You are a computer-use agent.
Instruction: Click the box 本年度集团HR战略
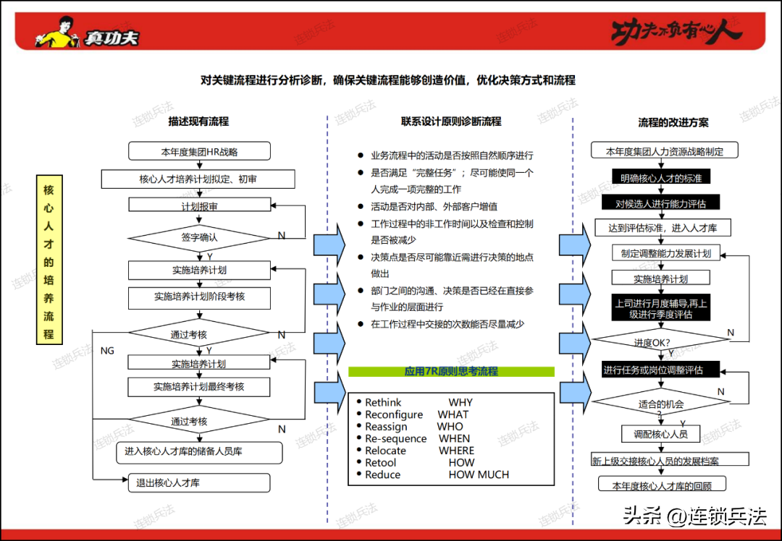tap(200, 151)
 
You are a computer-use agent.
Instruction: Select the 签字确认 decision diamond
tap(199, 238)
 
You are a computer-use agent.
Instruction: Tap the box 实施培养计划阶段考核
tap(200, 298)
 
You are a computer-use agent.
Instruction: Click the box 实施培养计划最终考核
tap(199, 386)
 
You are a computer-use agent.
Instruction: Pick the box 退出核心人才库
tap(199, 482)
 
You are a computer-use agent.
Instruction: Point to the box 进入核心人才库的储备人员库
tap(200, 452)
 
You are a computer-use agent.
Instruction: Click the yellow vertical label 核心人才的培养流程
tap(49, 260)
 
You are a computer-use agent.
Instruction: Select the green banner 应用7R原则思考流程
tap(451, 372)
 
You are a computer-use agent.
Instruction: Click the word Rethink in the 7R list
tap(383, 402)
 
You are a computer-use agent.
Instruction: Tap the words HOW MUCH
tap(479, 474)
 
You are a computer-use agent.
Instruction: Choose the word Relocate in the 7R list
tap(385, 451)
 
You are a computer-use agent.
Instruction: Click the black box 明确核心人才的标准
tap(661, 177)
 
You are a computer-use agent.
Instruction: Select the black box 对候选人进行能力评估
tap(660, 203)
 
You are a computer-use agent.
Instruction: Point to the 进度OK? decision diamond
tap(661, 341)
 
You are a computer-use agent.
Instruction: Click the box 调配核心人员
tap(661, 434)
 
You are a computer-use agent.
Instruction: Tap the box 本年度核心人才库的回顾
tap(662, 485)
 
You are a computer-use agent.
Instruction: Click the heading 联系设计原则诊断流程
tap(451, 122)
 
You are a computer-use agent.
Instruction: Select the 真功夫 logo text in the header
tap(111, 38)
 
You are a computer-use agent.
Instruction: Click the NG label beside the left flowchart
tap(107, 351)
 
